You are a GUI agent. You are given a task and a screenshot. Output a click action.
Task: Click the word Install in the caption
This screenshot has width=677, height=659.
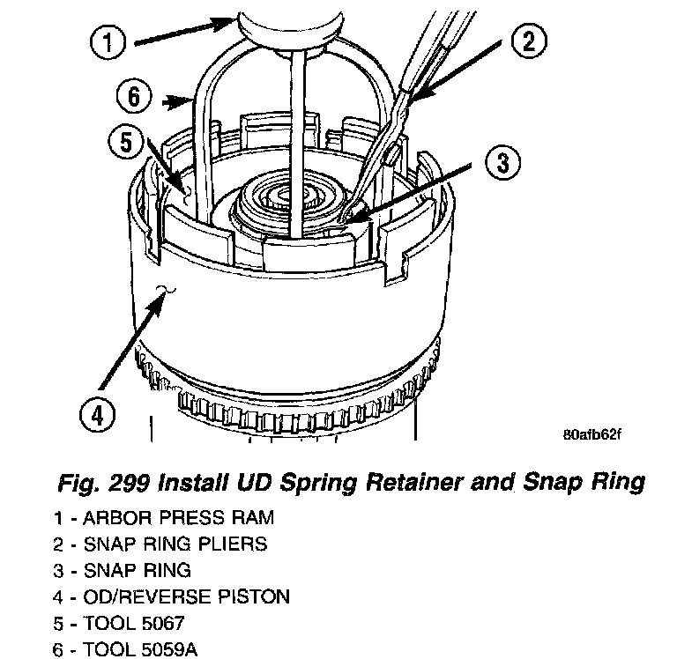(x=225, y=482)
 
